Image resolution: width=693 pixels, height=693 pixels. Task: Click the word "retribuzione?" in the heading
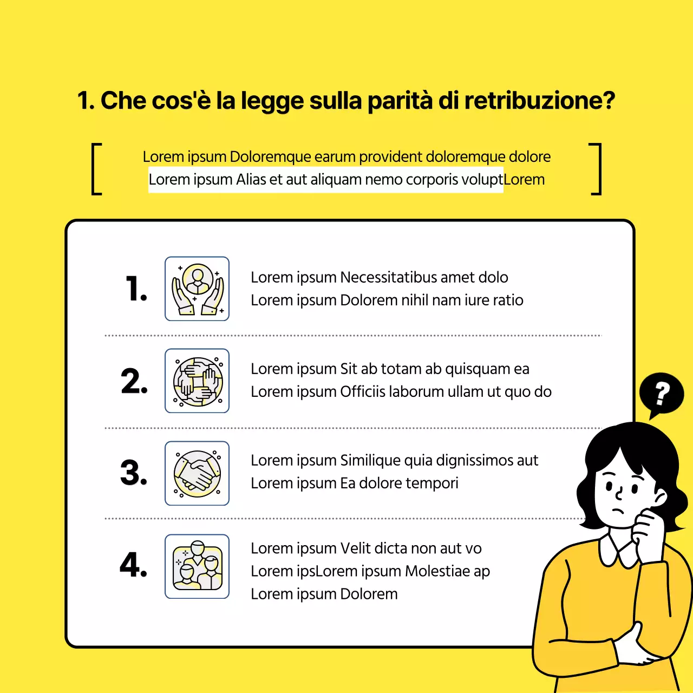coord(539,101)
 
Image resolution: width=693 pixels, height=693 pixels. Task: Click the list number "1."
coord(136,289)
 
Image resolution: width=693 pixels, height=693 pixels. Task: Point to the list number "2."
coord(134,381)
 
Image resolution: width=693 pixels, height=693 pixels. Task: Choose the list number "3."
coord(134,473)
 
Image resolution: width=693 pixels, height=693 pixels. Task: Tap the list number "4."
coord(133,565)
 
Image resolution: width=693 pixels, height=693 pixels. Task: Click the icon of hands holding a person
coord(197,289)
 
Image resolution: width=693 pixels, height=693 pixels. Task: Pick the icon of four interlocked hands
coord(197,381)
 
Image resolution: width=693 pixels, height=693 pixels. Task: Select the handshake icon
coord(197,473)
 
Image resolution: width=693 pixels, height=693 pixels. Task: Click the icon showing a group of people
coord(197,566)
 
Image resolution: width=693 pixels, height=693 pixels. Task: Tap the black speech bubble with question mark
coord(661,394)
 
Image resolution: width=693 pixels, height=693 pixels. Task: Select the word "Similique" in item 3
coord(370,460)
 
